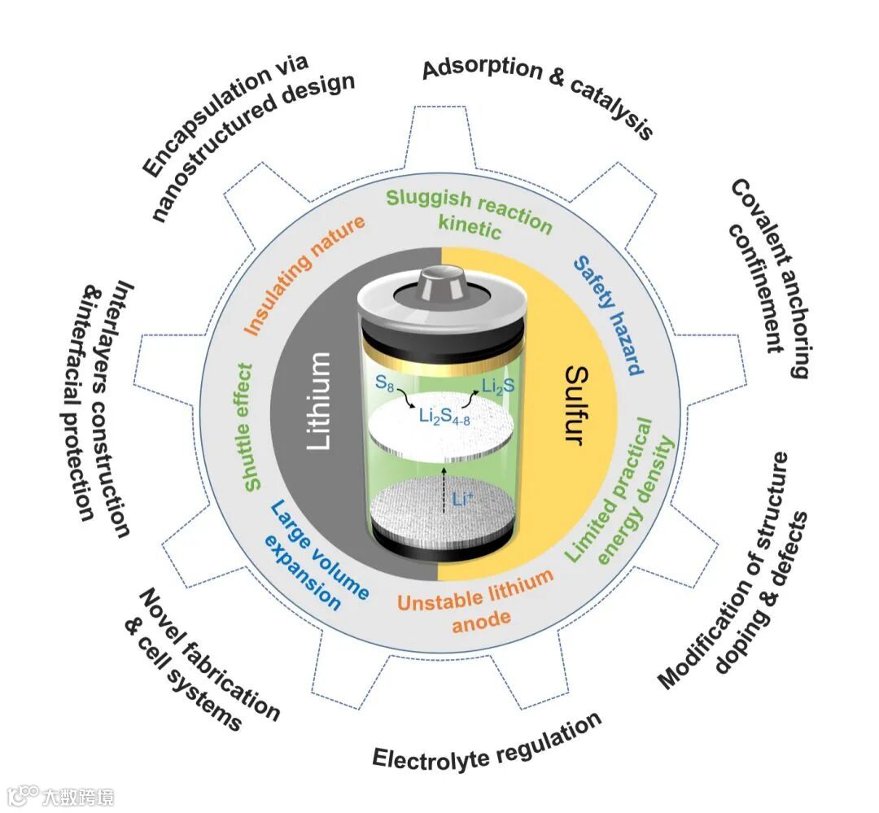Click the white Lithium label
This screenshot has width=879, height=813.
point(320,400)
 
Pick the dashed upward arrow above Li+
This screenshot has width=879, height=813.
point(443,488)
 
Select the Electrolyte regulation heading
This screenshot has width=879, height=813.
point(488,740)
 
